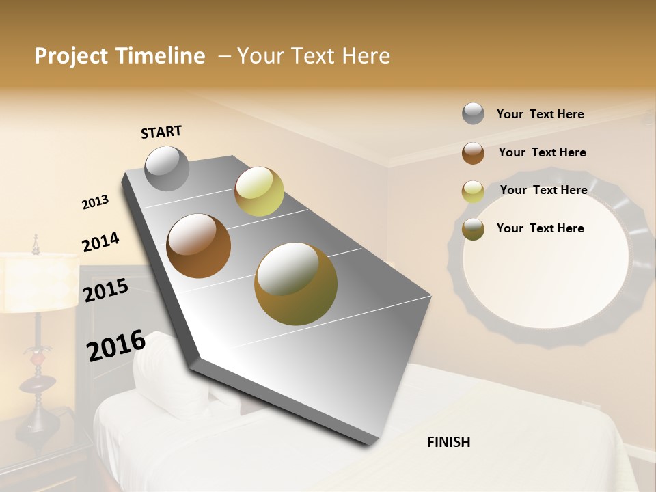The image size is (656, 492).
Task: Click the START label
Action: click(161, 132)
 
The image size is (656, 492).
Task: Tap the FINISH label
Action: click(448, 442)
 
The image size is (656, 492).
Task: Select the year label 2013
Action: click(95, 202)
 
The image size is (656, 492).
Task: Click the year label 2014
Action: click(100, 242)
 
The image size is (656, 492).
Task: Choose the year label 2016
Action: click(116, 346)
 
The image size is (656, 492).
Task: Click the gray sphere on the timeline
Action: click(167, 168)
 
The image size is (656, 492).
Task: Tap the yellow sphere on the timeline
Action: click(259, 191)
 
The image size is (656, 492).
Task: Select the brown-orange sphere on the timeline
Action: click(199, 246)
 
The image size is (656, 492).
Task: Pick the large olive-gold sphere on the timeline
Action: click(296, 284)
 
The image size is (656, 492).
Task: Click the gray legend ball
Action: click(473, 113)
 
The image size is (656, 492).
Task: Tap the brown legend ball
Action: click(473, 153)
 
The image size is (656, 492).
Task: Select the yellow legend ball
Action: click(473, 191)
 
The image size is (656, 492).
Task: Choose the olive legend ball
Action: click(473, 229)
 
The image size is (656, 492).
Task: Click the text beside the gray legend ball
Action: click(540, 114)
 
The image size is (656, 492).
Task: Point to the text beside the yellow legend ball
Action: click(543, 190)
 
